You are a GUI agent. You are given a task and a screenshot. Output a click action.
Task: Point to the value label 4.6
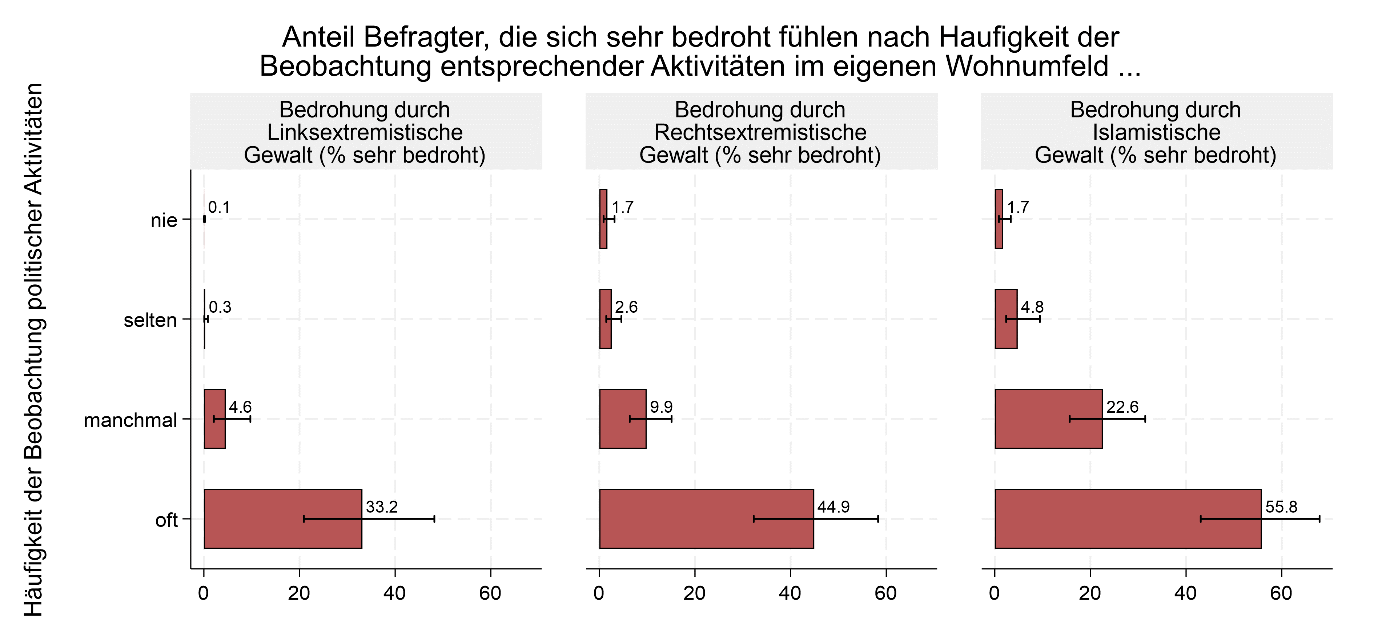tap(240, 407)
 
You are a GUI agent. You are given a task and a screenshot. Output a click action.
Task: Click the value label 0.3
tap(220, 307)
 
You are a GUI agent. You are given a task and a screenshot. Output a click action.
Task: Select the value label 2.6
tap(626, 307)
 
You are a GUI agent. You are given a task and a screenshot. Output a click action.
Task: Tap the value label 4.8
tap(1032, 307)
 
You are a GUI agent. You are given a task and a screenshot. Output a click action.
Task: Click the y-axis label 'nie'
tap(164, 220)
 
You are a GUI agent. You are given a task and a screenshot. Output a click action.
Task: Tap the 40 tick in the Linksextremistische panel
tap(395, 593)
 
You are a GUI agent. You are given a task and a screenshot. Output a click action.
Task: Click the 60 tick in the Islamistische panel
tap(1281, 593)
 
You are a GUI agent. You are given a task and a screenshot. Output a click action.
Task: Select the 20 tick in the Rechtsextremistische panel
tap(695, 593)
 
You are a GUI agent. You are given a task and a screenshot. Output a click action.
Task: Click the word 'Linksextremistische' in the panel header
tap(365, 132)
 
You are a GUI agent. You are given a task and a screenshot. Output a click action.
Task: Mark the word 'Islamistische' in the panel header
tap(1156, 132)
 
